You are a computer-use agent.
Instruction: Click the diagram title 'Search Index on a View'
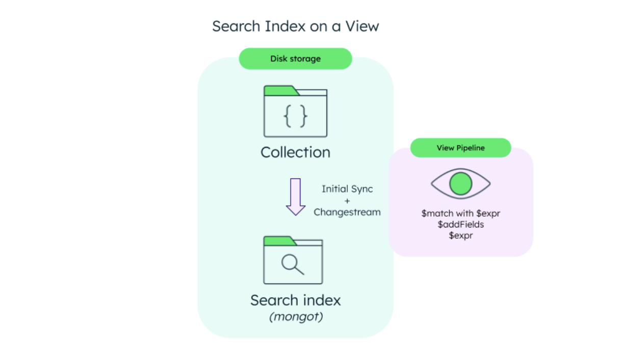[295, 26]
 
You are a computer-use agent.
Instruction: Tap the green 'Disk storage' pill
[295, 59]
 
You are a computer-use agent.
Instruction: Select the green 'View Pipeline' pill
[460, 148]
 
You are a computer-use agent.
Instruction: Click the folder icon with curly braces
[295, 112]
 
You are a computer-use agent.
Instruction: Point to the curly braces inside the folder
[295, 117]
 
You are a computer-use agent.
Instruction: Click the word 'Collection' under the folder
[295, 152]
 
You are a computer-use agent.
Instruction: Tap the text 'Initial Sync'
[347, 189]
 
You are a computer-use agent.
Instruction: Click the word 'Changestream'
[347, 212]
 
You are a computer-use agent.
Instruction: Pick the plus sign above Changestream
[347, 201]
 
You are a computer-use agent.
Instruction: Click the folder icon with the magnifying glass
[293, 261]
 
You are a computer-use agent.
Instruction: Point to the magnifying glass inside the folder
[293, 264]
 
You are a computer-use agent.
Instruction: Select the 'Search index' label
[295, 300]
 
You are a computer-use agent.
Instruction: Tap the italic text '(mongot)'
[296, 317]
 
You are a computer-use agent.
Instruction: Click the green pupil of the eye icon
[460, 184]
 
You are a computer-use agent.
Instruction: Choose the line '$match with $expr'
[460, 214]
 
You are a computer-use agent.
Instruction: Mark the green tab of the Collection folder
[280, 91]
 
